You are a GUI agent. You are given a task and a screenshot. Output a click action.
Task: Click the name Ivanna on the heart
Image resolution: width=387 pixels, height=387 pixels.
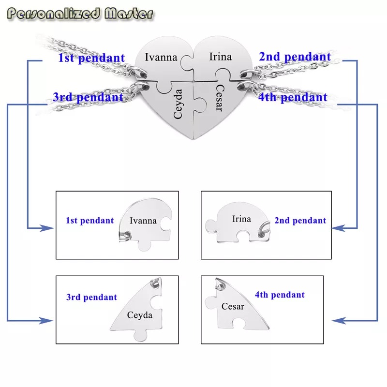[x=161, y=57]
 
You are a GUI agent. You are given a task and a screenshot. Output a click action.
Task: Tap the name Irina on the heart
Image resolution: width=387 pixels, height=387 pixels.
[x=220, y=57]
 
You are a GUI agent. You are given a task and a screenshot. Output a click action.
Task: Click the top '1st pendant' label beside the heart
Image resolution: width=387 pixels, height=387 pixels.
[x=91, y=59]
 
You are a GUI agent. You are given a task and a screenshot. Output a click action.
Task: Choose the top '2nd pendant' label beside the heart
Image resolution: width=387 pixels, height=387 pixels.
[x=295, y=57]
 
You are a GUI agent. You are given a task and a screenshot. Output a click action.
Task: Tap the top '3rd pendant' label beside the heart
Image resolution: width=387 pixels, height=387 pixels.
[x=88, y=97]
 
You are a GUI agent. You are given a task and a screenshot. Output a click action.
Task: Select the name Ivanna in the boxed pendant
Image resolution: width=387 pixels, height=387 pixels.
[x=143, y=221]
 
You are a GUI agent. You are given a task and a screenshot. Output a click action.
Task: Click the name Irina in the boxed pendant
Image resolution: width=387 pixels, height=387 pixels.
[x=241, y=219]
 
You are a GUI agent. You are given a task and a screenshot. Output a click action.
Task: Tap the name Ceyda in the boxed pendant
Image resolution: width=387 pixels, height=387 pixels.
[x=139, y=316]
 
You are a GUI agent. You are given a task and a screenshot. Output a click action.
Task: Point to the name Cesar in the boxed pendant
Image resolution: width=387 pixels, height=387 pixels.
[x=233, y=306]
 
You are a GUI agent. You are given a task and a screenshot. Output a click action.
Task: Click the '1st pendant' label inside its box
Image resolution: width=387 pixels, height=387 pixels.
[x=89, y=221]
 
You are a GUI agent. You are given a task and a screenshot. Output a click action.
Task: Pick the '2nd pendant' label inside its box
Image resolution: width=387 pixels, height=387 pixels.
[x=300, y=221]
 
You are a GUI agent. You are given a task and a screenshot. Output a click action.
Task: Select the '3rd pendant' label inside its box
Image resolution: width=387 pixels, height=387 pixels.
[x=91, y=297]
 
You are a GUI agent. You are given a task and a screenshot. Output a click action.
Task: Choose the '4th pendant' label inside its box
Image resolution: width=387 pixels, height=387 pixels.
[x=280, y=295]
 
